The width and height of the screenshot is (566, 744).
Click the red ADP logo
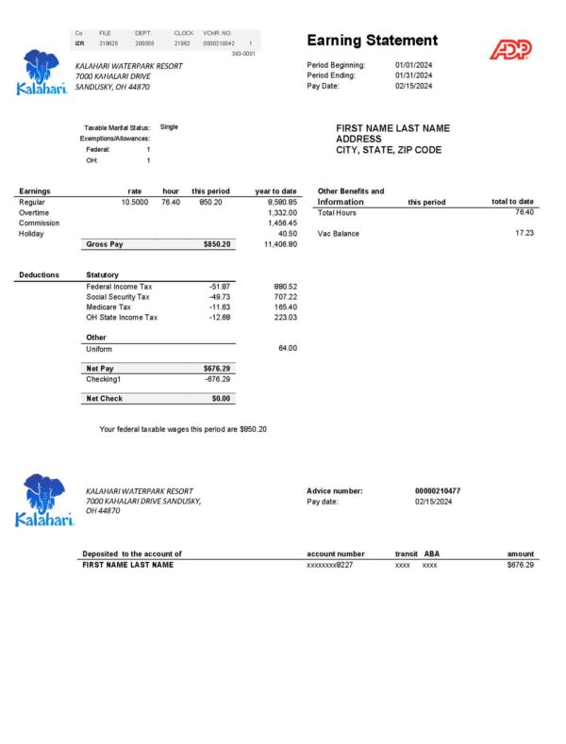click(x=510, y=49)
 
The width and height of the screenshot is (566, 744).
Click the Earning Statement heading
click(x=373, y=41)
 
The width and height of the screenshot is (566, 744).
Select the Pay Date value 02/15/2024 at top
click(x=413, y=86)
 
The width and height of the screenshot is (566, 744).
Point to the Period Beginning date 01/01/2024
click(x=413, y=65)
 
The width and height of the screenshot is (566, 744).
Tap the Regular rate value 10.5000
click(x=134, y=202)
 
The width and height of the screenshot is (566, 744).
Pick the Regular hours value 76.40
click(x=171, y=202)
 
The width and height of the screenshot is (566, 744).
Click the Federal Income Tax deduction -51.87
click(x=220, y=287)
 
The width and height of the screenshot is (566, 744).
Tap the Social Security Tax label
click(x=118, y=297)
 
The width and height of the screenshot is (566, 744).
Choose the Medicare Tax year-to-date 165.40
click(x=286, y=307)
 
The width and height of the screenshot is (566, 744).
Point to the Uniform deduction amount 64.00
click(x=288, y=349)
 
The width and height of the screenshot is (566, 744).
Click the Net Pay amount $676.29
click(x=216, y=368)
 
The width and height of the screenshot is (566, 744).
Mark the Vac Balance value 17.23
click(x=524, y=233)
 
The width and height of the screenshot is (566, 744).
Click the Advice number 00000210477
click(x=438, y=491)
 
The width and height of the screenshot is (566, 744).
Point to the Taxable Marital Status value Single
click(x=170, y=126)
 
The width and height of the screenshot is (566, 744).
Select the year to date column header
click(x=276, y=191)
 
